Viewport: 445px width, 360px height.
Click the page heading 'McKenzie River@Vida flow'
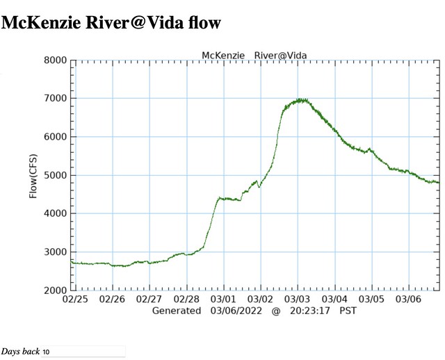pyautogui.click(x=111, y=23)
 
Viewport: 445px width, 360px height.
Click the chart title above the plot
pyautogui.click(x=254, y=55)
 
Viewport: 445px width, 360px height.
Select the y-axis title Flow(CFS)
pyautogui.click(x=33, y=176)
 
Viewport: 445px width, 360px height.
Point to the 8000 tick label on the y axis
pyautogui.click(x=55, y=60)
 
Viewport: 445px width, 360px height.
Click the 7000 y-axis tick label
pyautogui.click(x=55, y=99)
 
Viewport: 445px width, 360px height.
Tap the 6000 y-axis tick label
pyautogui.click(x=55, y=137)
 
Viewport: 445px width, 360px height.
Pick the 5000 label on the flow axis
pyautogui.click(x=55, y=175)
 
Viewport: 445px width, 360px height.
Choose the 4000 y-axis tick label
pyautogui.click(x=55, y=213)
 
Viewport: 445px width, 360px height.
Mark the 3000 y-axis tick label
pyautogui.click(x=55, y=252)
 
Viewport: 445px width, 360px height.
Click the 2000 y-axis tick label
pyautogui.click(x=55, y=291)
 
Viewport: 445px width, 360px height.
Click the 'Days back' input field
pyautogui.click(x=83, y=352)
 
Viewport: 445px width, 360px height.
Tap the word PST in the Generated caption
pyautogui.click(x=348, y=311)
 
